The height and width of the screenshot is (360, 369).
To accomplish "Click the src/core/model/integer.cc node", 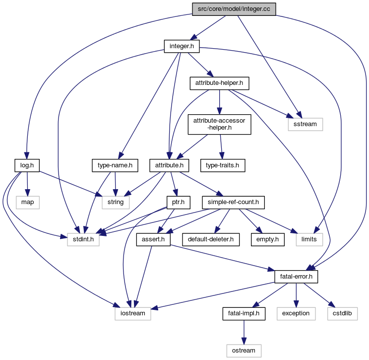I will [234, 8].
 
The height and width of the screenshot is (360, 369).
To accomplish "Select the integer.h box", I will [182, 46].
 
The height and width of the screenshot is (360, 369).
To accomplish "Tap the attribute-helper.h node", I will [219, 83].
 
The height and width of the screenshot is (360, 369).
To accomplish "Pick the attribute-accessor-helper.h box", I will [219, 124].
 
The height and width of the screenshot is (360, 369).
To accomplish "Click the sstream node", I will [305, 124].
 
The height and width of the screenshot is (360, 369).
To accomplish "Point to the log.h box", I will [27, 164].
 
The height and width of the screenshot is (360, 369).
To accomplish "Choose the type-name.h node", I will [115, 164].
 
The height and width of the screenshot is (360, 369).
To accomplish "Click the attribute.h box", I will [170, 164].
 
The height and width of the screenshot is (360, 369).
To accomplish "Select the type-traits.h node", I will [223, 164].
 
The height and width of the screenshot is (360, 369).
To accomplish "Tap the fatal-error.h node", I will [296, 276].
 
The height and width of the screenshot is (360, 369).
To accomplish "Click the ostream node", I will [244, 350].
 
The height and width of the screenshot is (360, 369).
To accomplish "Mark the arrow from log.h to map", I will [27, 183].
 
